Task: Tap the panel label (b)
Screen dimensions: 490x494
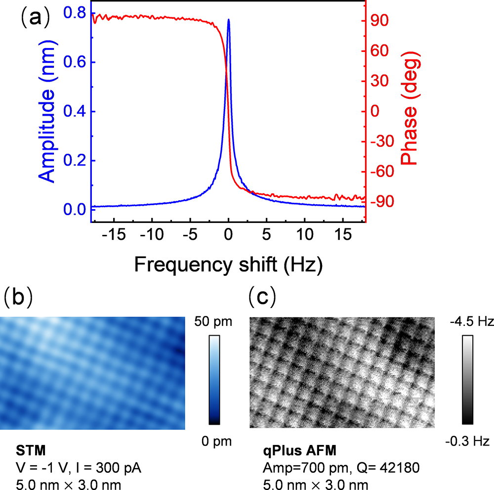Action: point(18,297)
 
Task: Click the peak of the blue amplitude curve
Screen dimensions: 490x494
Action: point(228,20)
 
